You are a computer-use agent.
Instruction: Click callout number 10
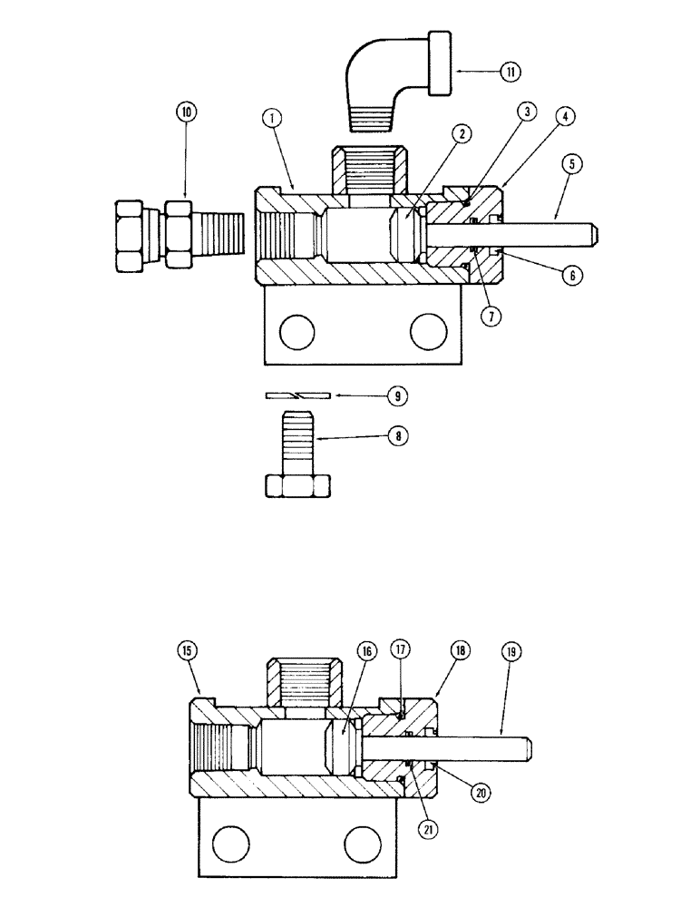click(x=187, y=115)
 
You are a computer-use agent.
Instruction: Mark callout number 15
click(x=187, y=651)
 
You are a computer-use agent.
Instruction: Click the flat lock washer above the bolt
click(x=297, y=395)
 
